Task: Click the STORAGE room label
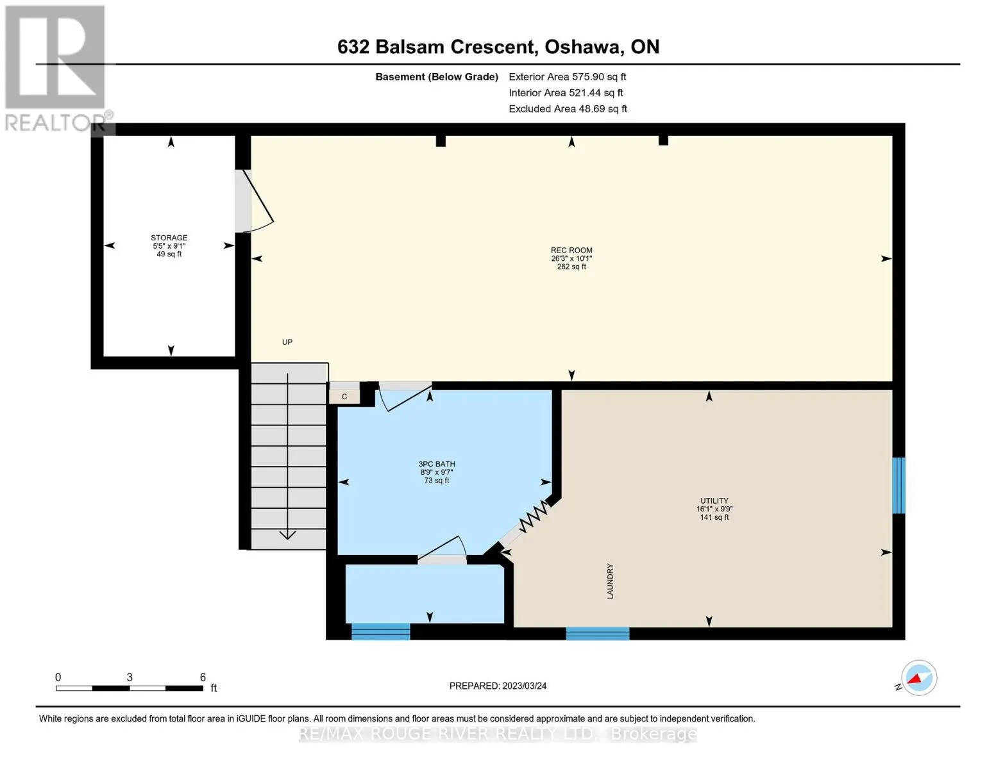pos(169,238)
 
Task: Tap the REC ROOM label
pos(571,250)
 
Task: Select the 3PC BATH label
pos(436,464)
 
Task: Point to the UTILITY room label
pos(714,500)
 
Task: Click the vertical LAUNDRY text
pos(610,581)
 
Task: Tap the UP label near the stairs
pos(287,342)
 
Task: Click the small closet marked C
pos(344,397)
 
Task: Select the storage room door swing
pos(255,201)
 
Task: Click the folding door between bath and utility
pos(534,516)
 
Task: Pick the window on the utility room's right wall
pos(899,486)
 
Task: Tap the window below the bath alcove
pos(380,631)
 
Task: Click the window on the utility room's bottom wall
pos(597,633)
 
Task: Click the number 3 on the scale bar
pos(130,677)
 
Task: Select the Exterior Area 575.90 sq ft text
pos(568,77)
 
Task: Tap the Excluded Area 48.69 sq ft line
pos(568,109)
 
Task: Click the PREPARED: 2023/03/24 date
pos(498,686)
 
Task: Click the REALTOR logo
pos(56,69)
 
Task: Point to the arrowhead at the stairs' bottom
pos(287,535)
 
